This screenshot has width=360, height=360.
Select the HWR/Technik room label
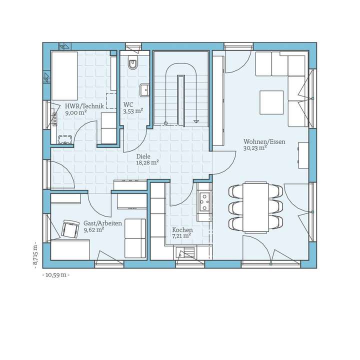coord(84,106)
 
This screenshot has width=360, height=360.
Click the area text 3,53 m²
coord(133,111)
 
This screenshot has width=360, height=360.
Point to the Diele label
coord(143,156)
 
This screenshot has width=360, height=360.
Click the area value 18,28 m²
coord(147,162)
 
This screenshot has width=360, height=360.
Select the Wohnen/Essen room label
coord(264,141)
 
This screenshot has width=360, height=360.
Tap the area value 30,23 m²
coord(255,148)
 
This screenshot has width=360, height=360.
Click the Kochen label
coord(182,229)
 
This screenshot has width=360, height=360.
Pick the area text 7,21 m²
coord(181,235)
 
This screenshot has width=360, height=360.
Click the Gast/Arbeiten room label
coord(102,223)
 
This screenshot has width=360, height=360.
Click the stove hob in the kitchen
coord(204,201)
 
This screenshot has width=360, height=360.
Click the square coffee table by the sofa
coord(271,102)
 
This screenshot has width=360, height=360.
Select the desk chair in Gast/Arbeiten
coord(70,229)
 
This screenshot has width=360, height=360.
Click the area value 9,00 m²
coord(76,113)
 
